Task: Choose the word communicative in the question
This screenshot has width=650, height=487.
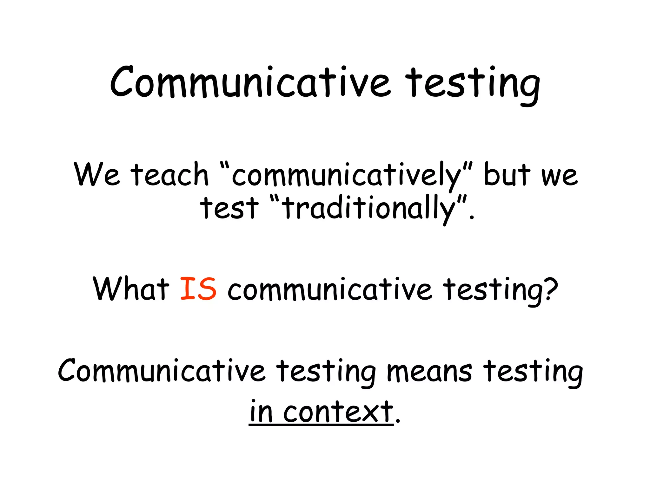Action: [x=330, y=289]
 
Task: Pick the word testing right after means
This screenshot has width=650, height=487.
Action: [x=533, y=372]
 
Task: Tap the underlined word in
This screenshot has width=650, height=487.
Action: [x=261, y=412]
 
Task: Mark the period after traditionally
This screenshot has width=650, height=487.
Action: [x=472, y=218]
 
